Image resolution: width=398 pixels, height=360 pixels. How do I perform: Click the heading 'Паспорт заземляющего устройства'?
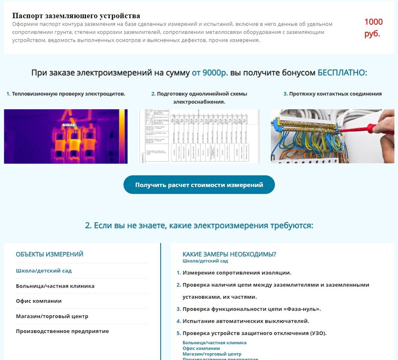(x=76, y=16)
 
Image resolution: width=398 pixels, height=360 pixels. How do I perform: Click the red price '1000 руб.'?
(x=373, y=28)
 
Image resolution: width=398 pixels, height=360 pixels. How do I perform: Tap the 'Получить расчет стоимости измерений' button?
(x=199, y=185)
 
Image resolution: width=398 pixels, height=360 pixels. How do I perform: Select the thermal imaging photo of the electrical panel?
(x=66, y=136)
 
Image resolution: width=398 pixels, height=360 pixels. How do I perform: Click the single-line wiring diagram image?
(x=199, y=136)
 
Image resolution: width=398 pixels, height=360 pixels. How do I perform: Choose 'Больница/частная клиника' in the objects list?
(x=55, y=286)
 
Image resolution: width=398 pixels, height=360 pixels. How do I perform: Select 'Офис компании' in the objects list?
(x=39, y=301)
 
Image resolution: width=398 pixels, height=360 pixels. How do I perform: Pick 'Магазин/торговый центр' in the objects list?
(x=52, y=316)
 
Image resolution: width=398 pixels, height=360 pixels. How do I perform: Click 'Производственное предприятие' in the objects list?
(x=62, y=331)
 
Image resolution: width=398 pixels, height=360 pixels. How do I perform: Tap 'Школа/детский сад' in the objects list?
(x=44, y=271)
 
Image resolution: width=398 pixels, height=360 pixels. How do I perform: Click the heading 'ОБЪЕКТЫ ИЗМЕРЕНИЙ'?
(x=49, y=254)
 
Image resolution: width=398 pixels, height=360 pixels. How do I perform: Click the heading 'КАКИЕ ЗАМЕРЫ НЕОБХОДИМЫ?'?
(x=229, y=254)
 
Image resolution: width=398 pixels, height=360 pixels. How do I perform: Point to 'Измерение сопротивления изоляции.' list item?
(x=237, y=273)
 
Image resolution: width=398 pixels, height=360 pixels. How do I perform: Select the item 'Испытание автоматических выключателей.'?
(x=246, y=321)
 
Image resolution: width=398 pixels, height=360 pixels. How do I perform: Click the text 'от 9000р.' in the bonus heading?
(x=210, y=73)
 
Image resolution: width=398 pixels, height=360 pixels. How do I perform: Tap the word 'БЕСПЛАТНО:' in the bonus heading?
(x=342, y=73)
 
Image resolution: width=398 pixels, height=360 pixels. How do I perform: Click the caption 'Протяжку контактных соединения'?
(x=335, y=94)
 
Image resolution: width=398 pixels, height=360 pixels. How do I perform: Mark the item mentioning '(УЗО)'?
(x=254, y=333)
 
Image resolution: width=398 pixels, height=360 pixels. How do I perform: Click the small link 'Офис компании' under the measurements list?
(x=201, y=348)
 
